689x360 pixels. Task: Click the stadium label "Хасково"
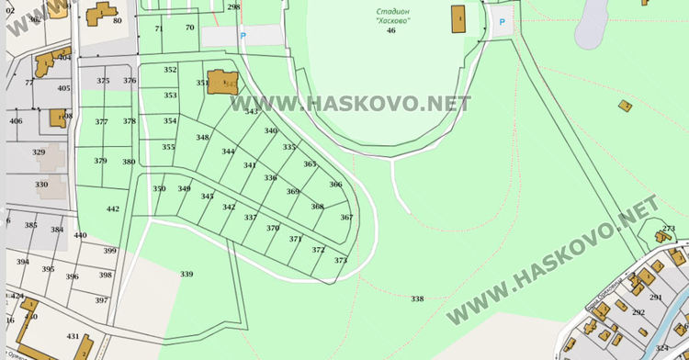[x=392, y=20]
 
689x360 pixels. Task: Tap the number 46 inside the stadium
[x=391, y=31]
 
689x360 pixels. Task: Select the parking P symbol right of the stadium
[x=502, y=22]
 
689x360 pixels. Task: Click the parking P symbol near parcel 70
[x=243, y=35]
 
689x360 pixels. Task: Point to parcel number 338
[x=417, y=298]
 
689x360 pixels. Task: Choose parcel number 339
[x=186, y=274]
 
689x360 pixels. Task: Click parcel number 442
[x=113, y=208]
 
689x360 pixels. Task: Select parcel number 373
[x=341, y=261]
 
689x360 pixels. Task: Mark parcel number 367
[x=346, y=218]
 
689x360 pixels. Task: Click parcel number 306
[x=335, y=185]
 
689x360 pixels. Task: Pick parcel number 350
[x=159, y=188]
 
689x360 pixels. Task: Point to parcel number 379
[x=101, y=161]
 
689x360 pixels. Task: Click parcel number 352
[x=170, y=70]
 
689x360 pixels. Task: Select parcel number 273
[x=669, y=228]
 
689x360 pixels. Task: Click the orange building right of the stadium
[x=458, y=17]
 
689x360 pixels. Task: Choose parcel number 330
[x=41, y=184]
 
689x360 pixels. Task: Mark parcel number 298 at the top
[x=233, y=6]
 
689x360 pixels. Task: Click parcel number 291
[x=656, y=297]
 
